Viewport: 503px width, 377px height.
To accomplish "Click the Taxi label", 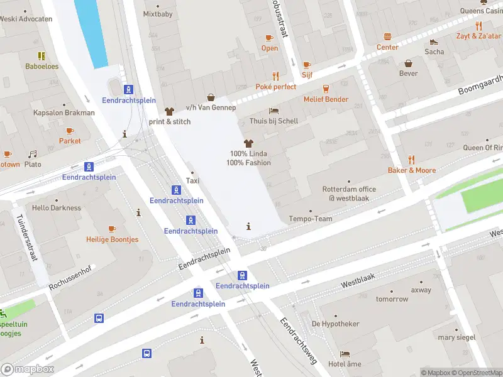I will coord(194,181).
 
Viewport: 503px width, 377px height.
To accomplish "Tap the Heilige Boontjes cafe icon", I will coord(113,229).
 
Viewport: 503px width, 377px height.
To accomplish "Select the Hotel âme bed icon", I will coord(345,354).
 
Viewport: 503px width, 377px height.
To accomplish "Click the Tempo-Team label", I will coord(310,219).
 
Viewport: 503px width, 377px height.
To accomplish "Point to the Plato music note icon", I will coord(33,154).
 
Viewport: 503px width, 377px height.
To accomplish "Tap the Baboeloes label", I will coord(41,66).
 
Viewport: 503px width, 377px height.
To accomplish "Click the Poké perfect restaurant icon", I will coord(275,76).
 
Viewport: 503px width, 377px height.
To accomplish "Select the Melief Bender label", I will coord(326,99).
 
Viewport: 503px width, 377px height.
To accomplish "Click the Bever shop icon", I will coord(408,63).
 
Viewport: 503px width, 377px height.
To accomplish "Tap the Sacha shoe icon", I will coord(434,41).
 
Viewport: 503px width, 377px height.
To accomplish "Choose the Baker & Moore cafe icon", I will coord(411,160).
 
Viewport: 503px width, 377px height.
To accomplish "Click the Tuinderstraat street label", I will coord(28,240).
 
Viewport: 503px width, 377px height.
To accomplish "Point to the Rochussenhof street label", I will coord(70,277).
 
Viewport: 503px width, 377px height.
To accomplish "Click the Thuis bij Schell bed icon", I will coord(274,111).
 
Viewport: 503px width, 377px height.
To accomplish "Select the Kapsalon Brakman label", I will coord(64,113).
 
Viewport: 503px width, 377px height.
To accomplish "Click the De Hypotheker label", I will coord(336,324).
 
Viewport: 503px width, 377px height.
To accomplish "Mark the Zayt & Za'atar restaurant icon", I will coord(478,26).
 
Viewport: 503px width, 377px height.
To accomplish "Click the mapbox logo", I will coord(28,369).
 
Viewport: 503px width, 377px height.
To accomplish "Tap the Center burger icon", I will coord(387,36).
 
